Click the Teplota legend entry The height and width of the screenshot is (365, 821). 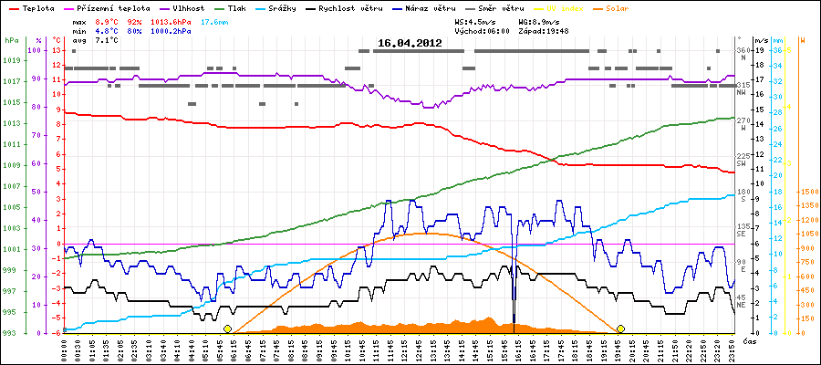tap(36, 7)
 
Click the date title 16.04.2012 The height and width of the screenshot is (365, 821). tap(410, 42)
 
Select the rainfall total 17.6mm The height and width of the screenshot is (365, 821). tap(215, 20)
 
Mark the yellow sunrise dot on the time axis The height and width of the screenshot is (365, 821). tap(227, 328)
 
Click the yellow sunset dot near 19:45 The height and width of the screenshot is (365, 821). tap(620, 328)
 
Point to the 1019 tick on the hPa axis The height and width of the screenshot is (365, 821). tap(11, 61)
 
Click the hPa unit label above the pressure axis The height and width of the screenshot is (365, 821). tap(11, 41)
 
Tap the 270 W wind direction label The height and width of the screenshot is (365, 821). tap(743, 123)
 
